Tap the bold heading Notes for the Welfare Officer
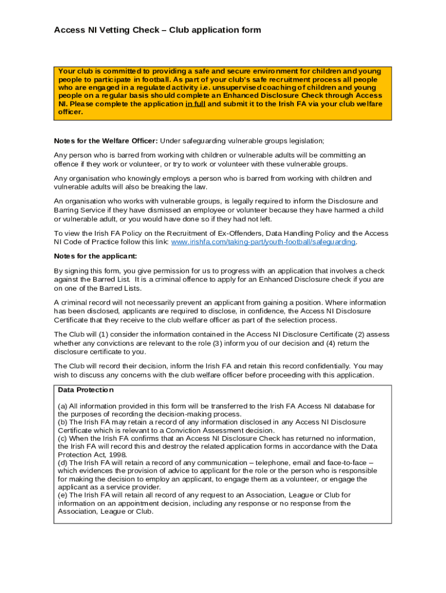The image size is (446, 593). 105,141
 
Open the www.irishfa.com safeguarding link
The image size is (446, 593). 264,242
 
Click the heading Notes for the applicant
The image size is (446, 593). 96,256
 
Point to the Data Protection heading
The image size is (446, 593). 86,390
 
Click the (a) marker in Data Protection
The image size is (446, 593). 63,407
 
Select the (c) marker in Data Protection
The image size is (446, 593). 63,438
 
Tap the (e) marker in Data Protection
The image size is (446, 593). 63,495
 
